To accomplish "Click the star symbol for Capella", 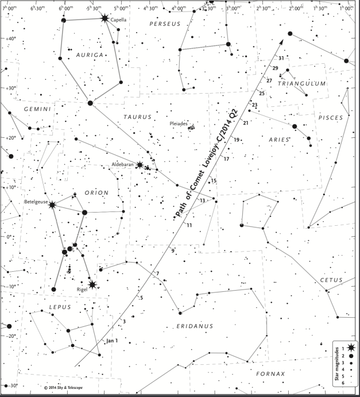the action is [104, 18].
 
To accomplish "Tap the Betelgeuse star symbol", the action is [52, 205].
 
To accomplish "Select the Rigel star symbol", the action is [92, 284].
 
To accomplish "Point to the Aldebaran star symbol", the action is [140, 165].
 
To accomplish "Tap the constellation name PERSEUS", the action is [164, 24].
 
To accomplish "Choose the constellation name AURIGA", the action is [89, 55].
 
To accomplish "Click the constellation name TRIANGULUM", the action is [301, 84].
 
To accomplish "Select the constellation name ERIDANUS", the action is [196, 326].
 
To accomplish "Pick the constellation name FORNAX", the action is [270, 374].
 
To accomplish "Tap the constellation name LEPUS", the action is [59, 307].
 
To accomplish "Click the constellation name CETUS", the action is [332, 280].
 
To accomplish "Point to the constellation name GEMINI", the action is [38, 109].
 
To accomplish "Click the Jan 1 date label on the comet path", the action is [111, 340].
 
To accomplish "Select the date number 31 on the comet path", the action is [281, 58].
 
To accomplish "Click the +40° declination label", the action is [9, 38].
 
